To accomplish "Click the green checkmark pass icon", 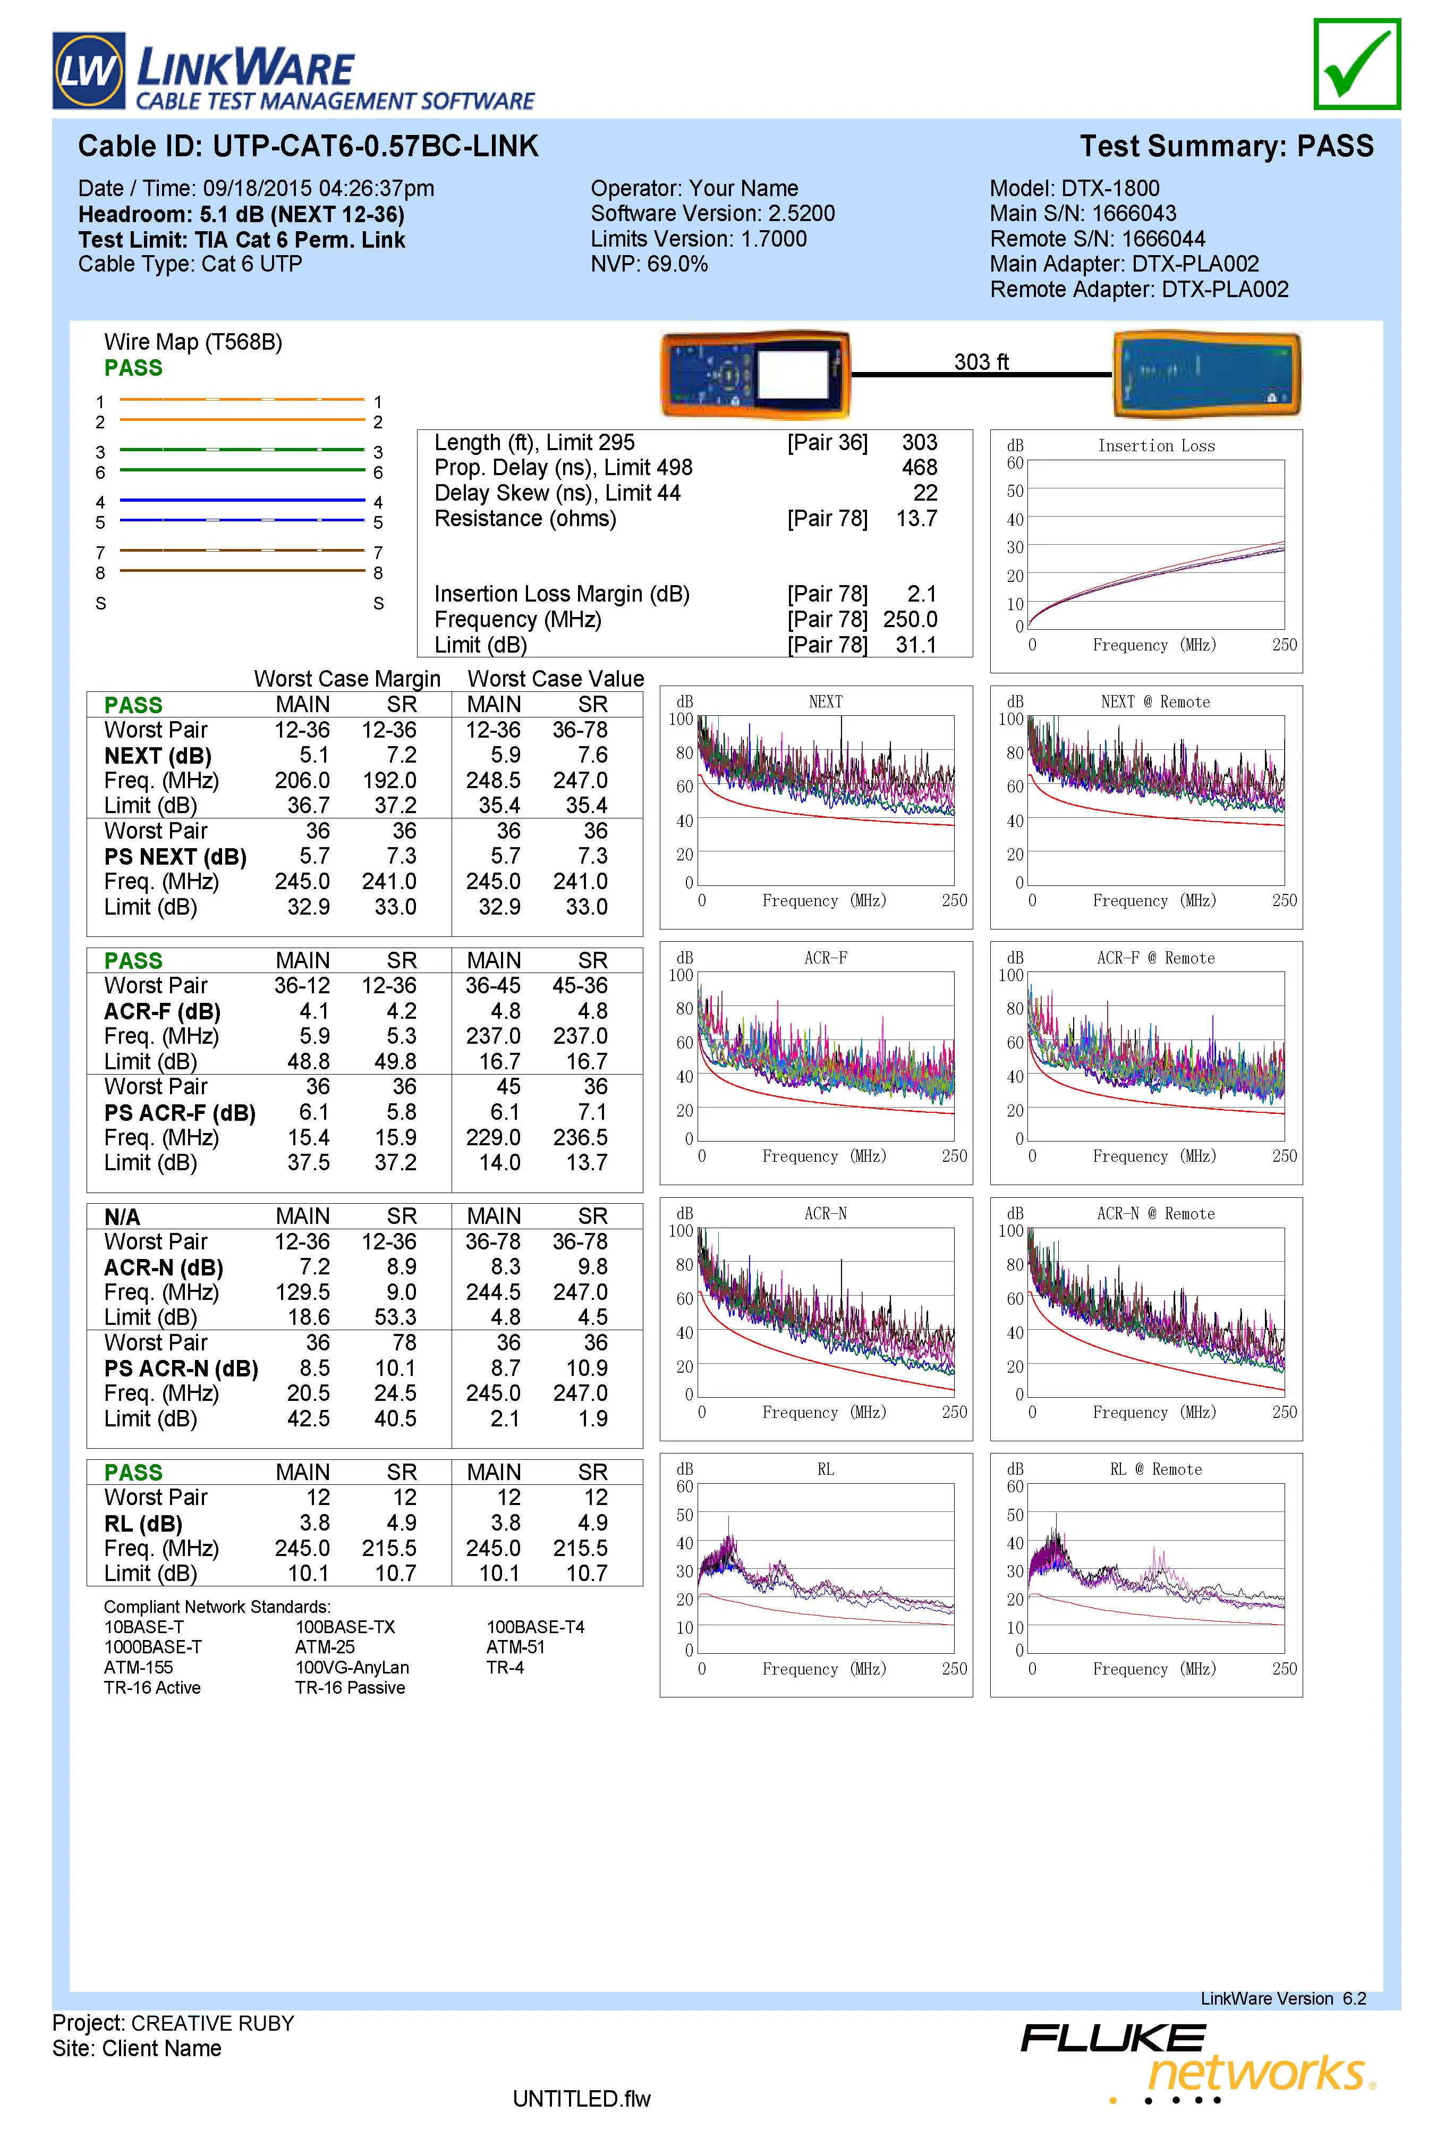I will [x=1356, y=64].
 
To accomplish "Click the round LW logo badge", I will [x=89, y=71].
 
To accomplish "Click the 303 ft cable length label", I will [x=981, y=362].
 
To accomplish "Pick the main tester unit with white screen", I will [x=757, y=374].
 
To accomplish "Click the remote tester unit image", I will [x=1206, y=374].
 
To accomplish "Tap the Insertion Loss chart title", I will [x=1156, y=446].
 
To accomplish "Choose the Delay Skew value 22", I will [x=925, y=493].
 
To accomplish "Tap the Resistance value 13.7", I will [x=916, y=519].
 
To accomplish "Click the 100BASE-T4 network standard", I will [x=535, y=1627].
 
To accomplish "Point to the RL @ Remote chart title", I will [x=1156, y=1469].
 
